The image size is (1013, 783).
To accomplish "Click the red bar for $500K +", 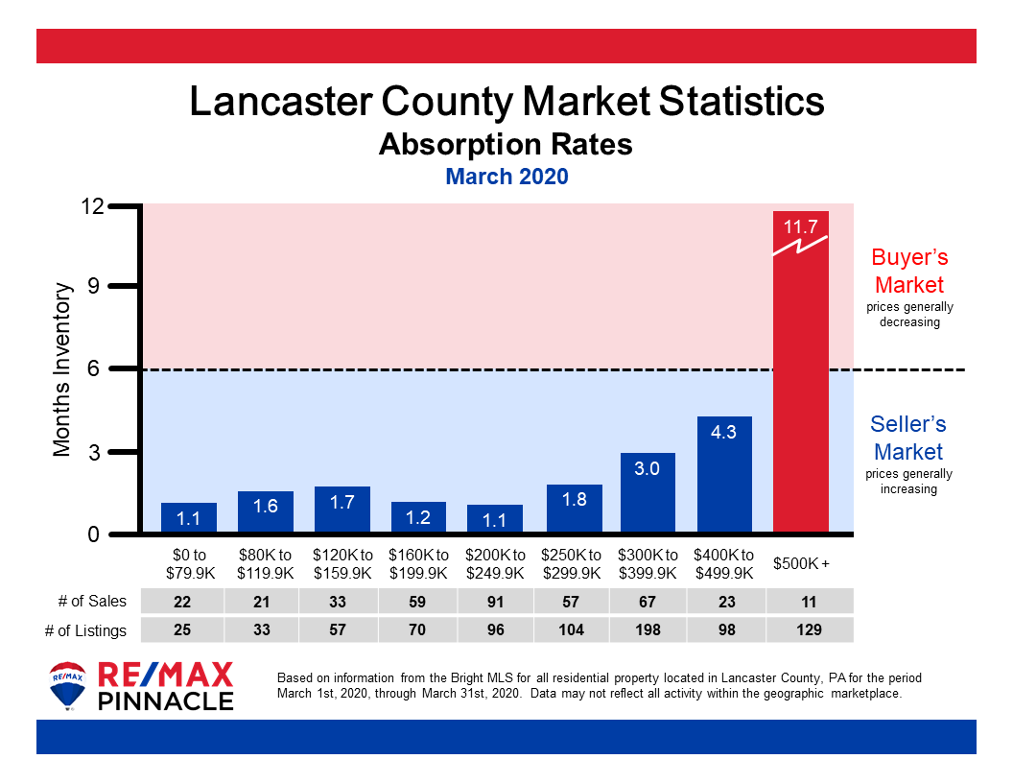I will (800, 384).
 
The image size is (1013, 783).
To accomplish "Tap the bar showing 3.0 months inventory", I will (648, 493).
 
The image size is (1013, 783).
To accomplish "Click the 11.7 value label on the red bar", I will (800, 228).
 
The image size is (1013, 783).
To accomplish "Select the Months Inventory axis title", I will (62, 369).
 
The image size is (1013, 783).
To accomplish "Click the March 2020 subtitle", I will (506, 177).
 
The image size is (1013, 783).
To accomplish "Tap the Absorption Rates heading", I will (506, 144).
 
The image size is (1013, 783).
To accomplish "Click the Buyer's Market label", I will (908, 271).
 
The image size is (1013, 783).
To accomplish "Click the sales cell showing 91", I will (494, 601).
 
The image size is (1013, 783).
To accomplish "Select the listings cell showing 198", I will (648, 629).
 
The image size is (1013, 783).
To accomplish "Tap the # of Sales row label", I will (91, 601).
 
